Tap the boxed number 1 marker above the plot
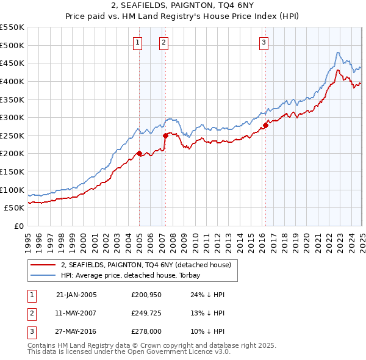tap(138, 43)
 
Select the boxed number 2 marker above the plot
tap(165, 43)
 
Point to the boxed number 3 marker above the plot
tap(264, 43)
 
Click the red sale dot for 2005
tap(139, 153)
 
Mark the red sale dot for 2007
tap(165, 135)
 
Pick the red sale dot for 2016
tap(265, 125)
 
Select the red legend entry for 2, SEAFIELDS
tap(145, 265)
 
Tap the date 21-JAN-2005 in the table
tap(76, 295)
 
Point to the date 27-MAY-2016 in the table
tap(76, 333)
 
